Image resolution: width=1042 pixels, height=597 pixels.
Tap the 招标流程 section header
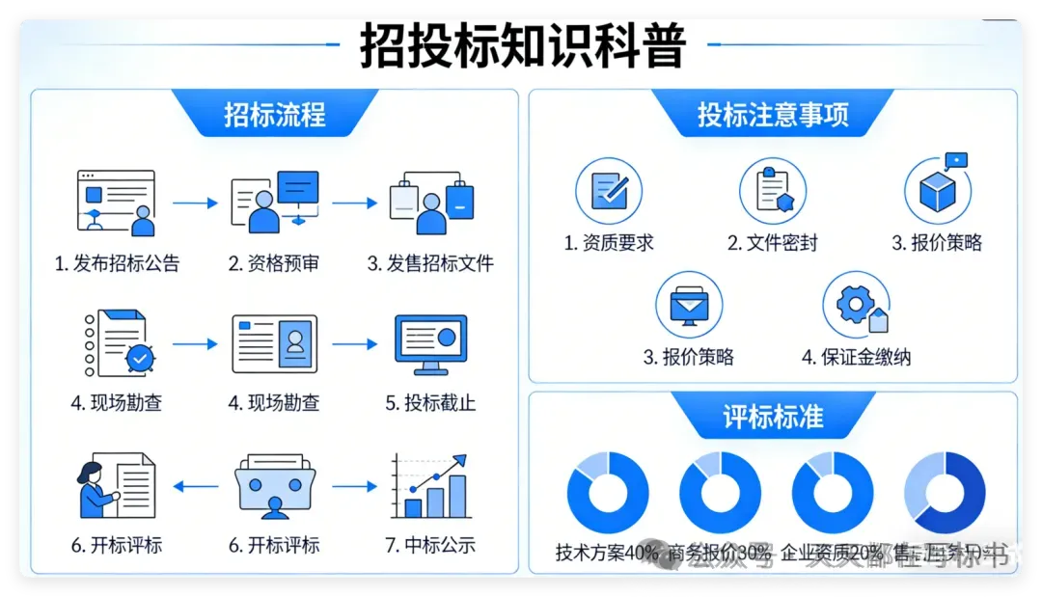tap(275, 115)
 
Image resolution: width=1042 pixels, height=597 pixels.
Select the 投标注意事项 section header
tap(773, 115)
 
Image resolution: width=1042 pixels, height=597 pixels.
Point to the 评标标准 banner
tap(773, 417)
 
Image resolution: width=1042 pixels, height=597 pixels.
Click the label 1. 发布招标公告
tap(117, 263)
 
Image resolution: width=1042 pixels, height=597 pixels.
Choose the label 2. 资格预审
tap(274, 263)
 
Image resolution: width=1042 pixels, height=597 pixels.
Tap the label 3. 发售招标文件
tap(430, 263)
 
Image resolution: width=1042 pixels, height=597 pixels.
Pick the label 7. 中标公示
tap(430, 545)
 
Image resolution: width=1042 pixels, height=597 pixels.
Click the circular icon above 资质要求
tap(609, 191)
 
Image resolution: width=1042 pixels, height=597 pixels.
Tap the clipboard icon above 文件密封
tap(773, 191)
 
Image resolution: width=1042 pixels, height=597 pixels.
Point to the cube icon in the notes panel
tap(937, 189)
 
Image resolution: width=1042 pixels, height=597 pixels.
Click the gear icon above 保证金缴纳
tap(856, 305)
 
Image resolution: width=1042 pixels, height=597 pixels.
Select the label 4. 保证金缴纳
tap(856, 357)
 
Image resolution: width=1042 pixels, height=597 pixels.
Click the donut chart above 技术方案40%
tap(608, 493)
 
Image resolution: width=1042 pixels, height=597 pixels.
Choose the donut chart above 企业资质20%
tap(832, 493)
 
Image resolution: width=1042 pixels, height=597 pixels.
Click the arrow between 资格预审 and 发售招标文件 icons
tap(353, 204)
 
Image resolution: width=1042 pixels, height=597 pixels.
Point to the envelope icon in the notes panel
tap(689, 305)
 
